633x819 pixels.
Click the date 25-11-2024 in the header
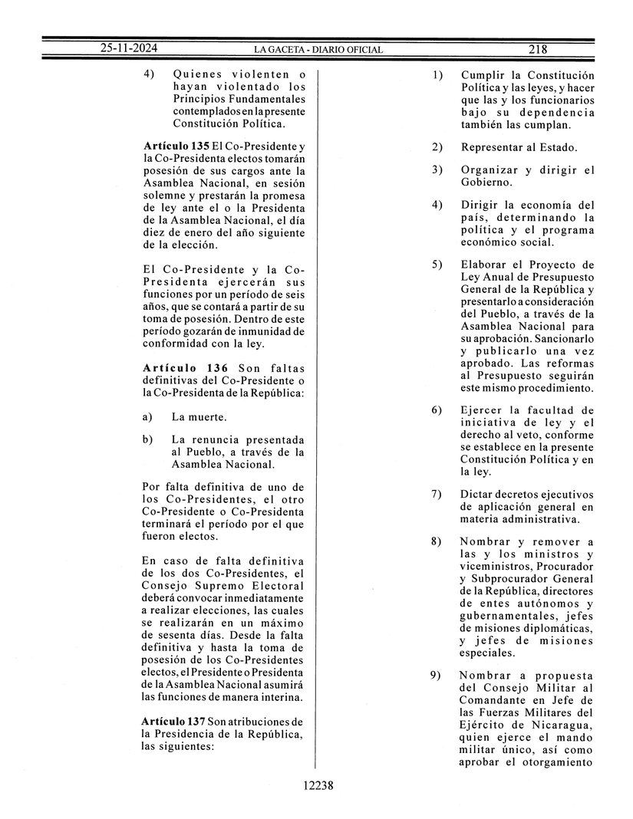pos(128,49)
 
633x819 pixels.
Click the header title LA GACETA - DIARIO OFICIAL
pos(318,50)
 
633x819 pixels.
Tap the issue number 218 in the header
pos(537,49)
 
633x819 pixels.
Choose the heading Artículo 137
pos(173,722)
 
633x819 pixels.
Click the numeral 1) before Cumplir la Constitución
pos(437,75)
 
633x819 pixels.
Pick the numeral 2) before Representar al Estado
pos(437,146)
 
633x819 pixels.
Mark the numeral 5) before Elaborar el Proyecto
pos(437,265)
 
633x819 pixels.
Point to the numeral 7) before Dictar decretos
pos(437,494)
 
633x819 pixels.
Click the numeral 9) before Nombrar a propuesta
pos(437,675)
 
